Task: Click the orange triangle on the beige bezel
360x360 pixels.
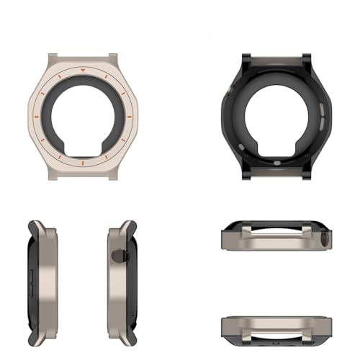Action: click(x=84, y=71)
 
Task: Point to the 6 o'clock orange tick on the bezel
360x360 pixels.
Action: click(x=83, y=163)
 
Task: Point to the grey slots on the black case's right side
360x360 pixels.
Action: click(x=315, y=116)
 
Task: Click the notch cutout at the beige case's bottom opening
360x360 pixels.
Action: click(x=83, y=153)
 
